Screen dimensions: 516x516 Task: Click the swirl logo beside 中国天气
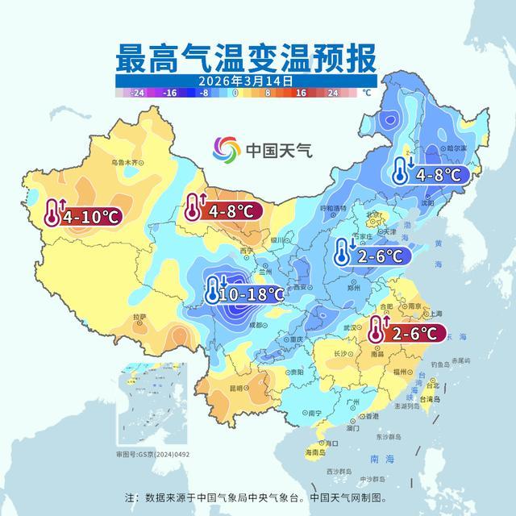[227, 149]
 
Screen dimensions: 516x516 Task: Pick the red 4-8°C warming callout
[220, 210]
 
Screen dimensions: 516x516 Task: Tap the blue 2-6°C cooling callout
[372, 256]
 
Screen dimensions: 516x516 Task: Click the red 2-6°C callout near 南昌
[407, 331]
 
